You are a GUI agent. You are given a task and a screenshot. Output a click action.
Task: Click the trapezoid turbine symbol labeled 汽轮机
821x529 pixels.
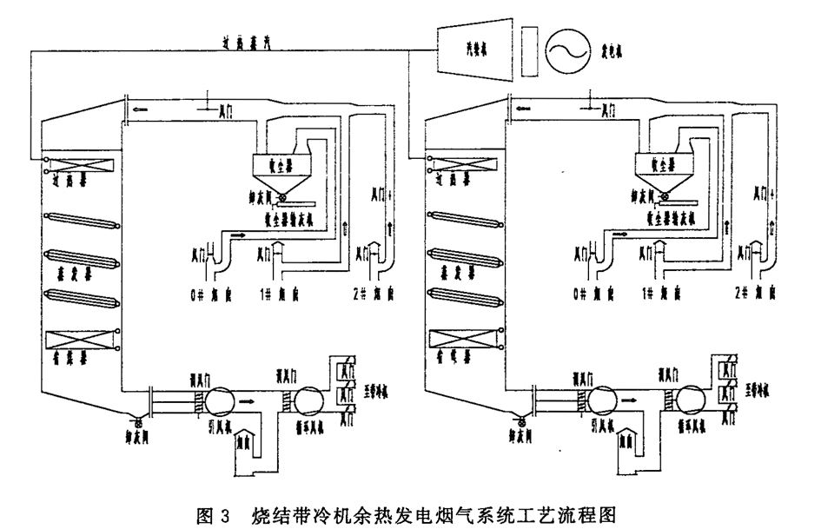pos(473,51)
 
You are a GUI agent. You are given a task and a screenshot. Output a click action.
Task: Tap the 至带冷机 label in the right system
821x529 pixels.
pos(754,390)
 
